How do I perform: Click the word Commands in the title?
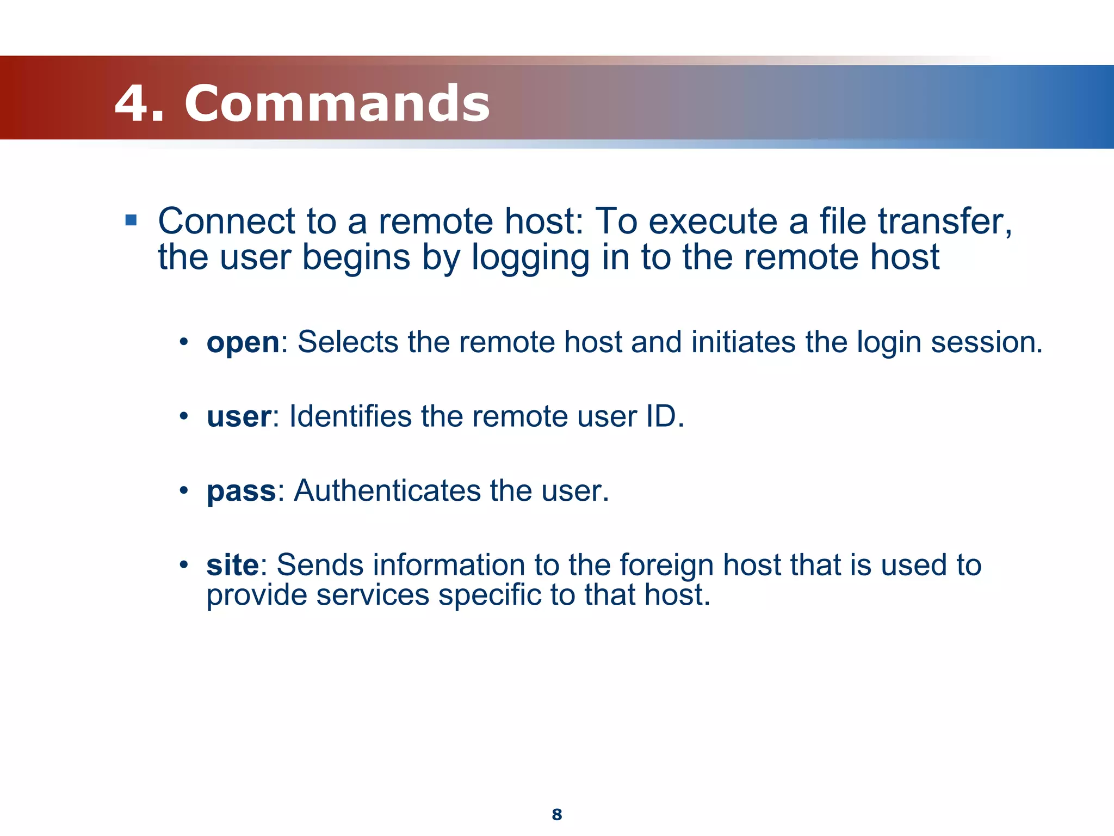pyautogui.click(x=337, y=103)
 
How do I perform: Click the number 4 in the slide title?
pyautogui.click(x=132, y=103)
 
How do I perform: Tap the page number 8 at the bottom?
pyautogui.click(x=556, y=814)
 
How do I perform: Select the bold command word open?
pyautogui.click(x=243, y=343)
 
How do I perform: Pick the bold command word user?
pyautogui.click(x=238, y=417)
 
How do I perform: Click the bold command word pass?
pyautogui.click(x=242, y=491)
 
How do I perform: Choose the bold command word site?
pyautogui.click(x=232, y=565)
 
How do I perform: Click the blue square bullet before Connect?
pyautogui.click(x=131, y=220)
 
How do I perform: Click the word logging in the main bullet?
pyautogui.click(x=530, y=258)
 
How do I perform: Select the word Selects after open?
pyautogui.click(x=348, y=343)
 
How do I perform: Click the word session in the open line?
pyautogui.click(x=986, y=343)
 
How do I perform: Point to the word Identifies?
pyautogui.click(x=350, y=417)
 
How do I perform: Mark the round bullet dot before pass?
pyautogui.click(x=184, y=491)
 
